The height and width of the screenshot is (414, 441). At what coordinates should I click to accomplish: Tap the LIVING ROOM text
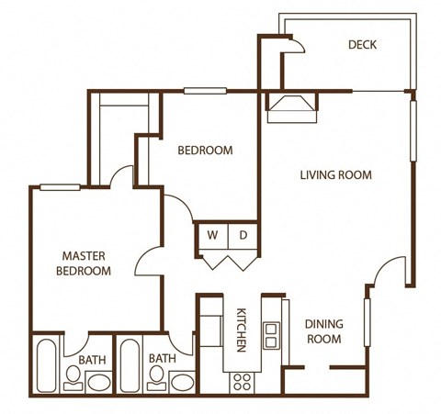click(335, 174)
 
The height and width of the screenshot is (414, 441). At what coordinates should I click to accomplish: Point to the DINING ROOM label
click(323, 331)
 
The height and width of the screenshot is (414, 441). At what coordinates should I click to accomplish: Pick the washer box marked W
click(211, 235)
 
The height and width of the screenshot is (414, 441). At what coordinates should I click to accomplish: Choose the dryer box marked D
click(243, 235)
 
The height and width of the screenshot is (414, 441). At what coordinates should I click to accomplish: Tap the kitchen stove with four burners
click(243, 380)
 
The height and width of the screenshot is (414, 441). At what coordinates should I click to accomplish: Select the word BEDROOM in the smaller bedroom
click(205, 151)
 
